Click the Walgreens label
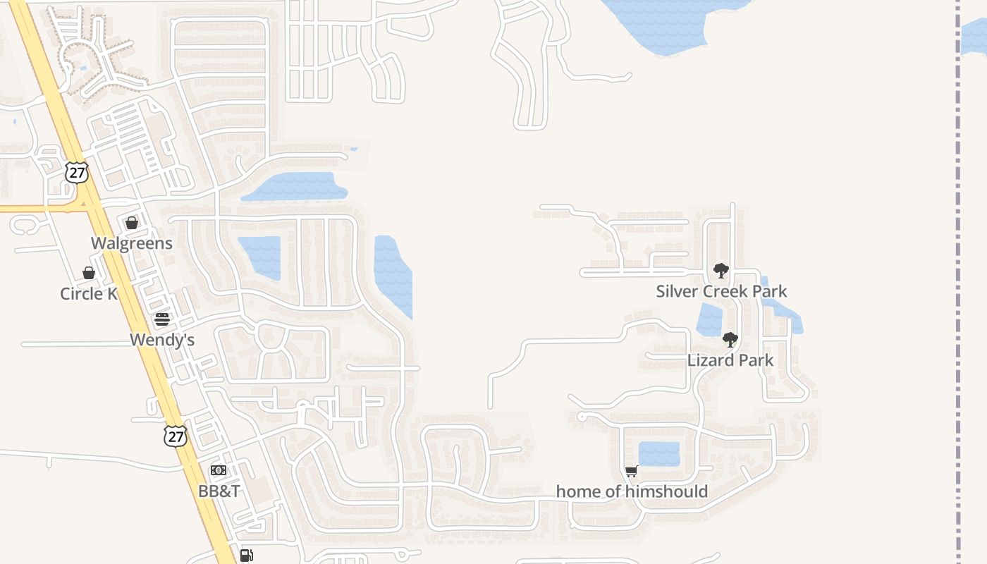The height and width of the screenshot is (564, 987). (x=132, y=243)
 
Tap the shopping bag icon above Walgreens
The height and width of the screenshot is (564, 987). (x=132, y=223)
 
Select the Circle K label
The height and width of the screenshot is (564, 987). (x=89, y=293)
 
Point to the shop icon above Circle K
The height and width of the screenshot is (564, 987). (x=89, y=273)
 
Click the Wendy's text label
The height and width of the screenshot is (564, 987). (x=162, y=340)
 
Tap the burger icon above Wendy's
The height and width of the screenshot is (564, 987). (x=162, y=319)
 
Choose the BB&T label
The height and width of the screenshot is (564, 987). (x=219, y=491)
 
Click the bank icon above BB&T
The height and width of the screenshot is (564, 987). (x=219, y=470)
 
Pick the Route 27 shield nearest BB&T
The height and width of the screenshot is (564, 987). (x=176, y=436)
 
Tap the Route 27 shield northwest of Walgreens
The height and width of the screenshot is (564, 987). (x=77, y=172)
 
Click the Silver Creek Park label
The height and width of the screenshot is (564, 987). (x=721, y=291)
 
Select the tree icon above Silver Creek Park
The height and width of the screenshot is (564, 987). (x=721, y=271)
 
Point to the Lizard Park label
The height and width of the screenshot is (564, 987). (x=730, y=360)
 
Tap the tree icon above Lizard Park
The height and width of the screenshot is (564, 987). (x=730, y=340)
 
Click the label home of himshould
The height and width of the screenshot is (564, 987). (x=632, y=491)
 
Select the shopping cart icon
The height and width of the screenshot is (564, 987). (x=632, y=471)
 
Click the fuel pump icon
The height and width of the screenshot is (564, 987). (x=246, y=556)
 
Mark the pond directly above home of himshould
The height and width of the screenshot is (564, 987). (x=659, y=454)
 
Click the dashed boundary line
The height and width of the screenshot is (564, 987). (x=959, y=282)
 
